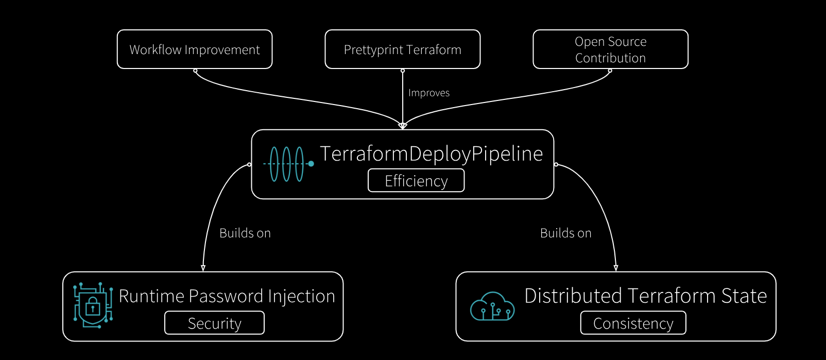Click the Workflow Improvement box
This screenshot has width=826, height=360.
click(195, 49)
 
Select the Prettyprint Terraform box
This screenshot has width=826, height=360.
click(402, 49)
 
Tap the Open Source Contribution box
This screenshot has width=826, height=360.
click(610, 49)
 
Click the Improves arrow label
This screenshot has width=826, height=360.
click(429, 93)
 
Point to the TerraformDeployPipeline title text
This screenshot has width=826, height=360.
click(432, 154)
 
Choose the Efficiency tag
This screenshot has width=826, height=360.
click(416, 181)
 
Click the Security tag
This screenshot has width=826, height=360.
click(214, 323)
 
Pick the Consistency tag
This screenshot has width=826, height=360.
click(633, 323)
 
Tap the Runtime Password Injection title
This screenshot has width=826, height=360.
click(227, 296)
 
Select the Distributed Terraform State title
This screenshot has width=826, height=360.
click(645, 296)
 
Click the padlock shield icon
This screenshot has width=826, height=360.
click(93, 304)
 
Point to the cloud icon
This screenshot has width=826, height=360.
click(492, 306)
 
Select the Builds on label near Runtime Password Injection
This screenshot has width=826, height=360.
click(245, 233)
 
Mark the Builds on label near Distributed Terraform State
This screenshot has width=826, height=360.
click(565, 233)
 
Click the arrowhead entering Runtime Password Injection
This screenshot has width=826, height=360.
click(203, 268)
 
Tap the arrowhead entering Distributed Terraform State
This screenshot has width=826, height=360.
click(616, 268)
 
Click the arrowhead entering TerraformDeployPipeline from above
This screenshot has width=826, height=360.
click(403, 125)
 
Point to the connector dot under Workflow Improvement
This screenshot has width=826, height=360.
click(195, 71)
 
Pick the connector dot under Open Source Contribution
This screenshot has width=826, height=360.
click(610, 71)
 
